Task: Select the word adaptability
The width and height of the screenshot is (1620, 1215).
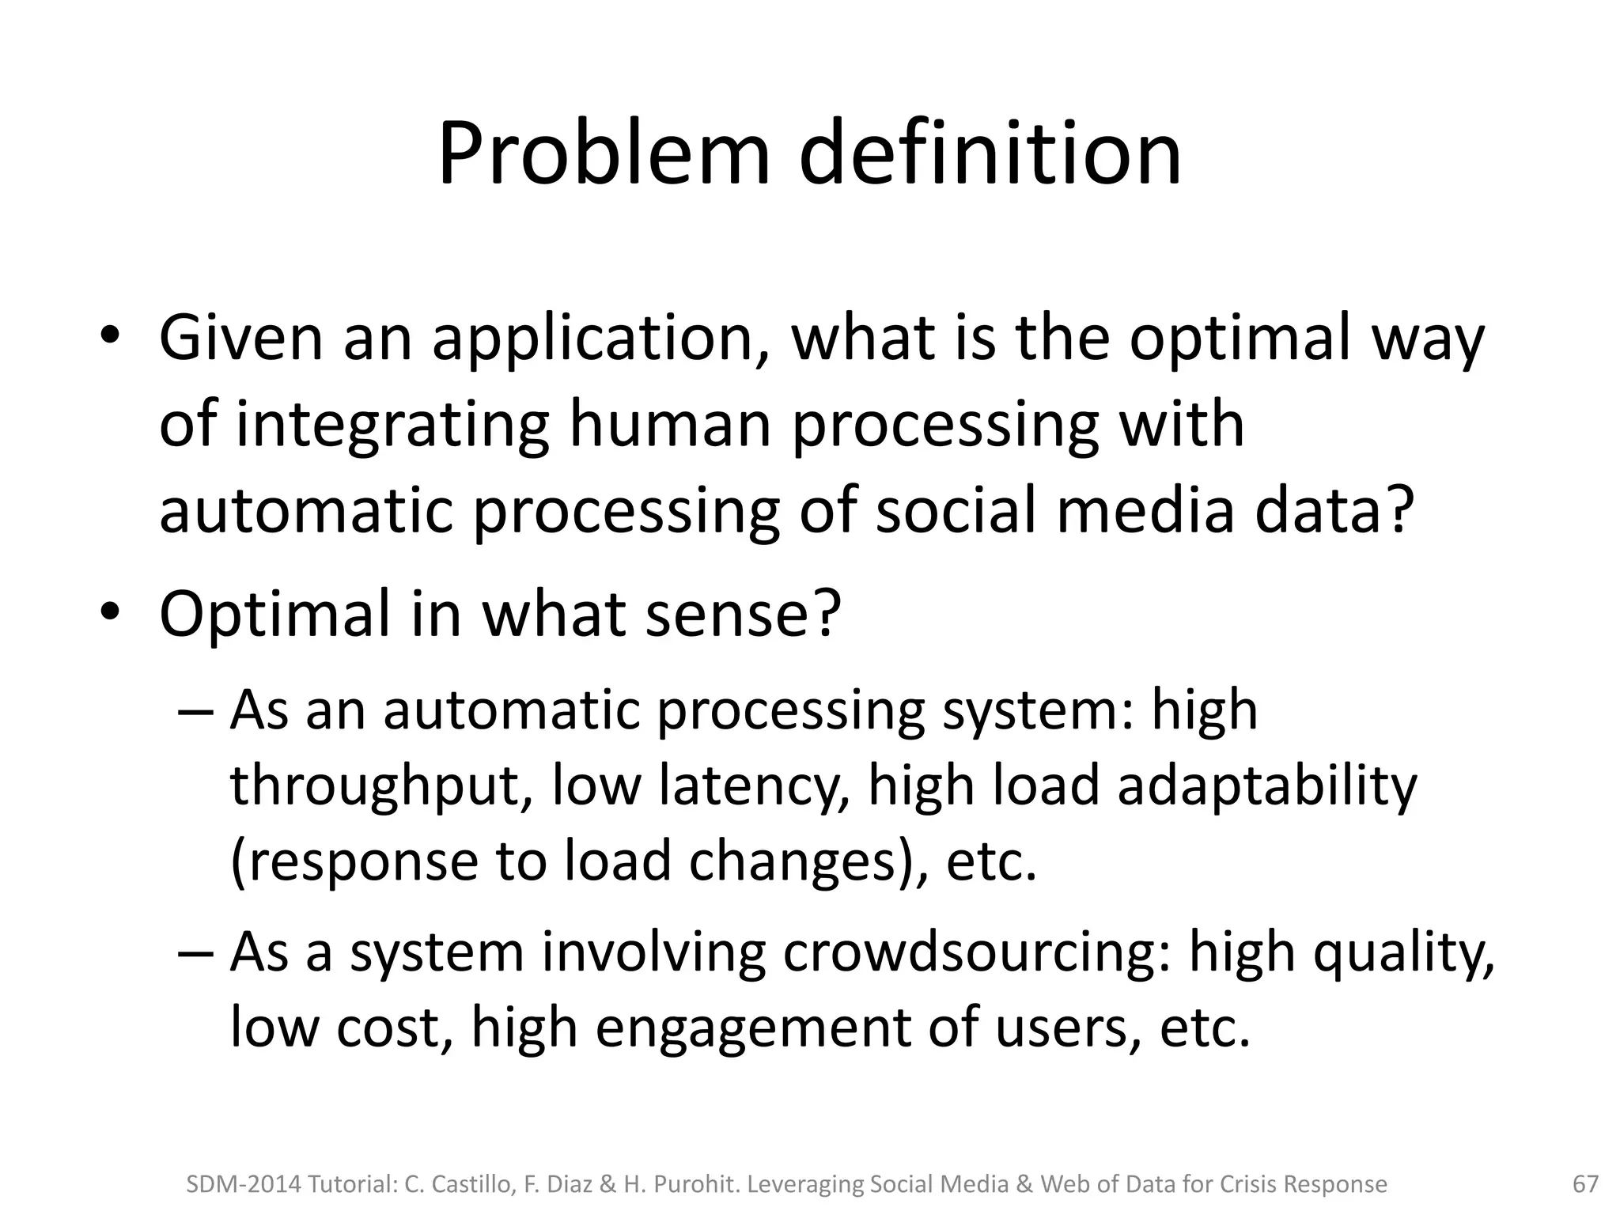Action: pyautogui.click(x=1267, y=786)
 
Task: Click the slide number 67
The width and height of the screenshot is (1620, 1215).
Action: pyautogui.click(x=1585, y=1184)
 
